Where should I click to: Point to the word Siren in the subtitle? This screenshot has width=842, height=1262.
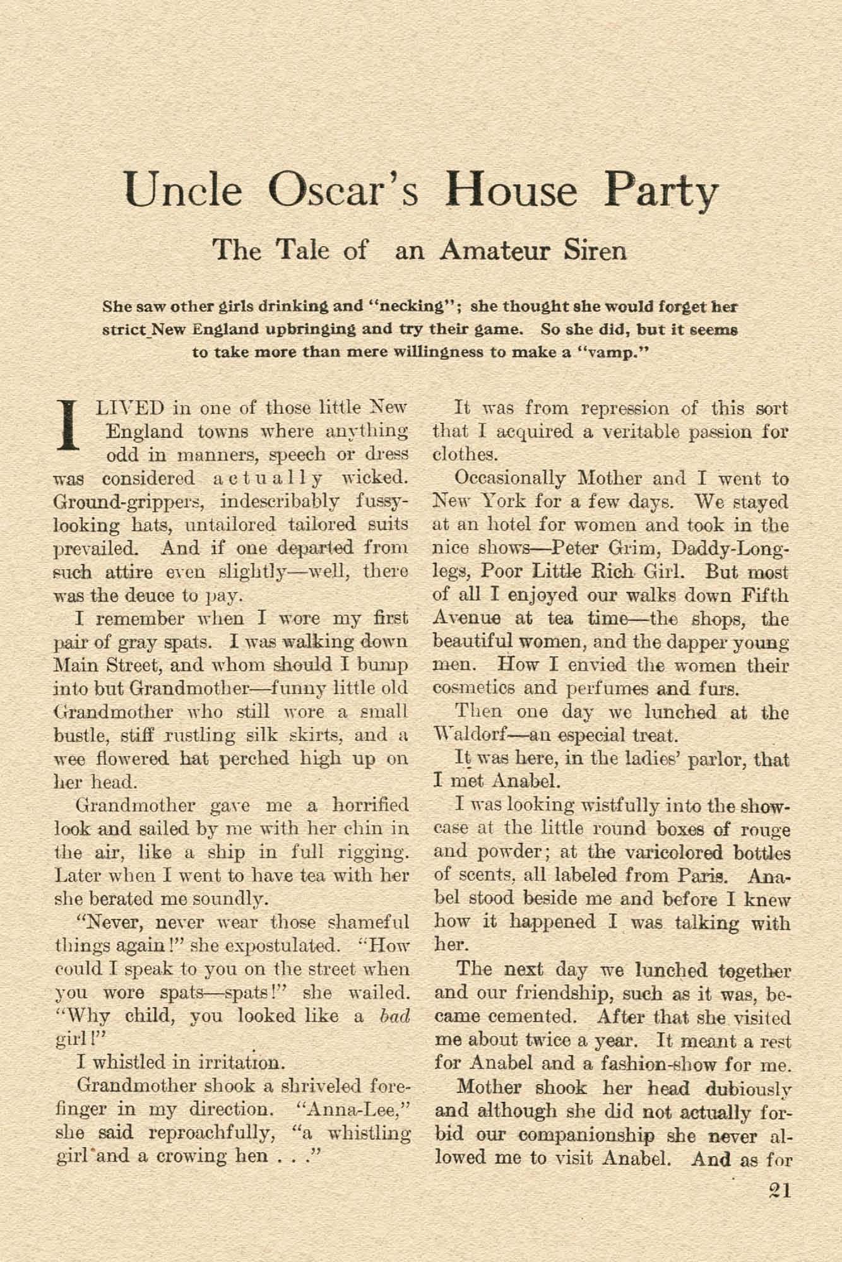[x=595, y=251]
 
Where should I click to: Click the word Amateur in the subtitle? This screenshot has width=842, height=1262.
[x=495, y=251]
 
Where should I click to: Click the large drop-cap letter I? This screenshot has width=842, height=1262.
[x=66, y=426]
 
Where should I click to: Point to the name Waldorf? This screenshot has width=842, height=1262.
[x=473, y=735]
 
